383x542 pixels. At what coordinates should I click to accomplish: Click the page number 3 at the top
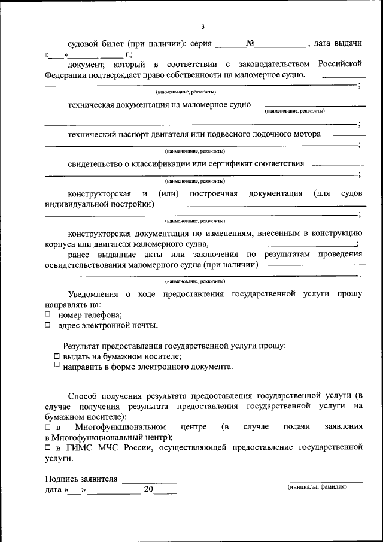203,26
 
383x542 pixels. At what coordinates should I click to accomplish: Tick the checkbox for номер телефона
48,314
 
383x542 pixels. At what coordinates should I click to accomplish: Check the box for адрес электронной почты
48,325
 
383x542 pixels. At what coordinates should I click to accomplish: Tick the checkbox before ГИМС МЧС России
48,447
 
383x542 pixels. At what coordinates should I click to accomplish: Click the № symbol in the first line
251,44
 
